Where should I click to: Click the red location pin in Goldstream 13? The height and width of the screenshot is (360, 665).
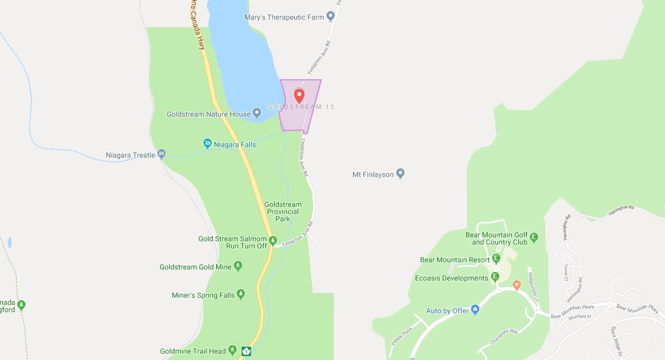click(x=299, y=95)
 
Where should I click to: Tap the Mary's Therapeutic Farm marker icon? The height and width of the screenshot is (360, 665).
click(x=331, y=17)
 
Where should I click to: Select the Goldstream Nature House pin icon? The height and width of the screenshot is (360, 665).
click(x=257, y=114)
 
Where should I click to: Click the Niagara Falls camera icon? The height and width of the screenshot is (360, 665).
click(x=208, y=144)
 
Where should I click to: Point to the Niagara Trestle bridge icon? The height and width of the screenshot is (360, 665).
click(x=162, y=154)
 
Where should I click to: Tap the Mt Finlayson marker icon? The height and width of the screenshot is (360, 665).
click(x=401, y=174)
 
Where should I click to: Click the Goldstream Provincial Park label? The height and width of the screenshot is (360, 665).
click(x=283, y=212)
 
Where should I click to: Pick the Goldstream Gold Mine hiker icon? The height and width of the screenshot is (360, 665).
click(x=238, y=266)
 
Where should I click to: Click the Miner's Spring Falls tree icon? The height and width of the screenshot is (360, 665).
click(x=241, y=295)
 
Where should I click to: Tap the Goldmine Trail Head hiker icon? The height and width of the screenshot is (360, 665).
click(x=233, y=351)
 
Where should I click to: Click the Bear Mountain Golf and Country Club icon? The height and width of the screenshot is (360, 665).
click(x=534, y=238)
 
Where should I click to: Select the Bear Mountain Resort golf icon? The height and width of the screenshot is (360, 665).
click(x=496, y=259)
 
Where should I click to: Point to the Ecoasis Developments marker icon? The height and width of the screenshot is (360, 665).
click(x=495, y=277)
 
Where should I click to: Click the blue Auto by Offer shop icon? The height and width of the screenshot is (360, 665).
click(x=474, y=310)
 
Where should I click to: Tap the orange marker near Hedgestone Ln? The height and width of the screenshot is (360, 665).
click(x=516, y=285)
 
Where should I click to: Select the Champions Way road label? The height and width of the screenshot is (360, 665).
click(x=504, y=336)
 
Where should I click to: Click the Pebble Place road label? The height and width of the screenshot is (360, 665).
click(x=402, y=336)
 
